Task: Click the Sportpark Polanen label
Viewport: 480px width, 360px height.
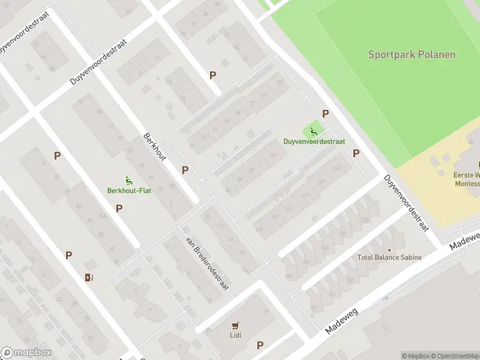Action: pos(412,55)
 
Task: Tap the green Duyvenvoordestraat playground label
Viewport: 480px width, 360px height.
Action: pos(314,142)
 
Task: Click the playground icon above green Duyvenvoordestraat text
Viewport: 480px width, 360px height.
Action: pos(313,131)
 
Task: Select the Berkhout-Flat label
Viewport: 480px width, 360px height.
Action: pos(128,191)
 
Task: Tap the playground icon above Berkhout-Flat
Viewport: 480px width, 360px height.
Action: pos(128,180)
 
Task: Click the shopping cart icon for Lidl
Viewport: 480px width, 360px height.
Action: pos(236,326)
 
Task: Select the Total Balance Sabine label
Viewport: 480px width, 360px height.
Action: pos(389,257)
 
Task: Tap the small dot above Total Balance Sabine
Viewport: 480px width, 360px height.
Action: pos(389,250)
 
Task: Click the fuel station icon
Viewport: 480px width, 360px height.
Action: pos(89,277)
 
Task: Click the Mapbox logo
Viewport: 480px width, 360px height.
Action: pos(26,353)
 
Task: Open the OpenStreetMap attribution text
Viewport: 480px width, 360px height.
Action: pos(455,356)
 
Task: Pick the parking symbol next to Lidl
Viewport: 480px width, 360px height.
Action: pos(260,345)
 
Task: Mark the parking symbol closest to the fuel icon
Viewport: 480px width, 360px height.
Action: pos(68,255)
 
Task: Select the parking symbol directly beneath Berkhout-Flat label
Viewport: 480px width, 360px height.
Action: pos(119,208)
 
